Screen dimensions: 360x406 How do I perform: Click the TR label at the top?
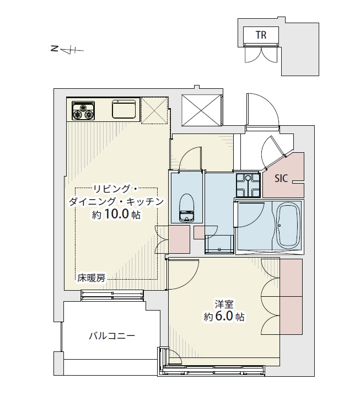261,35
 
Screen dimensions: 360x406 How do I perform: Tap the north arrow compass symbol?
68,50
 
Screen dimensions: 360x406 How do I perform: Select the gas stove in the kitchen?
83,110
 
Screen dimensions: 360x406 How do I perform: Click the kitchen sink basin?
124,109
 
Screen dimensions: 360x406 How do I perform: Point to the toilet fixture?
187,208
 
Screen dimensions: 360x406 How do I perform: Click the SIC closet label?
281,178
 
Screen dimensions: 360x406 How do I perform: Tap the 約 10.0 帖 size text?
116,215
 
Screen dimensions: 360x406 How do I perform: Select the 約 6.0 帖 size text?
224,317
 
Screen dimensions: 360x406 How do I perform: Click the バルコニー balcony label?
112,336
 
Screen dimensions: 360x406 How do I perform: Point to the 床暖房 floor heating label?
92,279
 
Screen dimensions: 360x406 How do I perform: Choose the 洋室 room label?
224,304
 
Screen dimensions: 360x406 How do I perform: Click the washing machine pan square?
248,185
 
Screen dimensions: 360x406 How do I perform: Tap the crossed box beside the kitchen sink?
154,110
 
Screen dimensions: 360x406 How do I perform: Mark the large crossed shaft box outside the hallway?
202,110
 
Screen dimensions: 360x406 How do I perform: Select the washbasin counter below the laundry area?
219,244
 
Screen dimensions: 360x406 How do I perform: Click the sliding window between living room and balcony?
112,296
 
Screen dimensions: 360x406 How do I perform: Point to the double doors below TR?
261,54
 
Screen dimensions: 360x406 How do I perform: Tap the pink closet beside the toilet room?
179,239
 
